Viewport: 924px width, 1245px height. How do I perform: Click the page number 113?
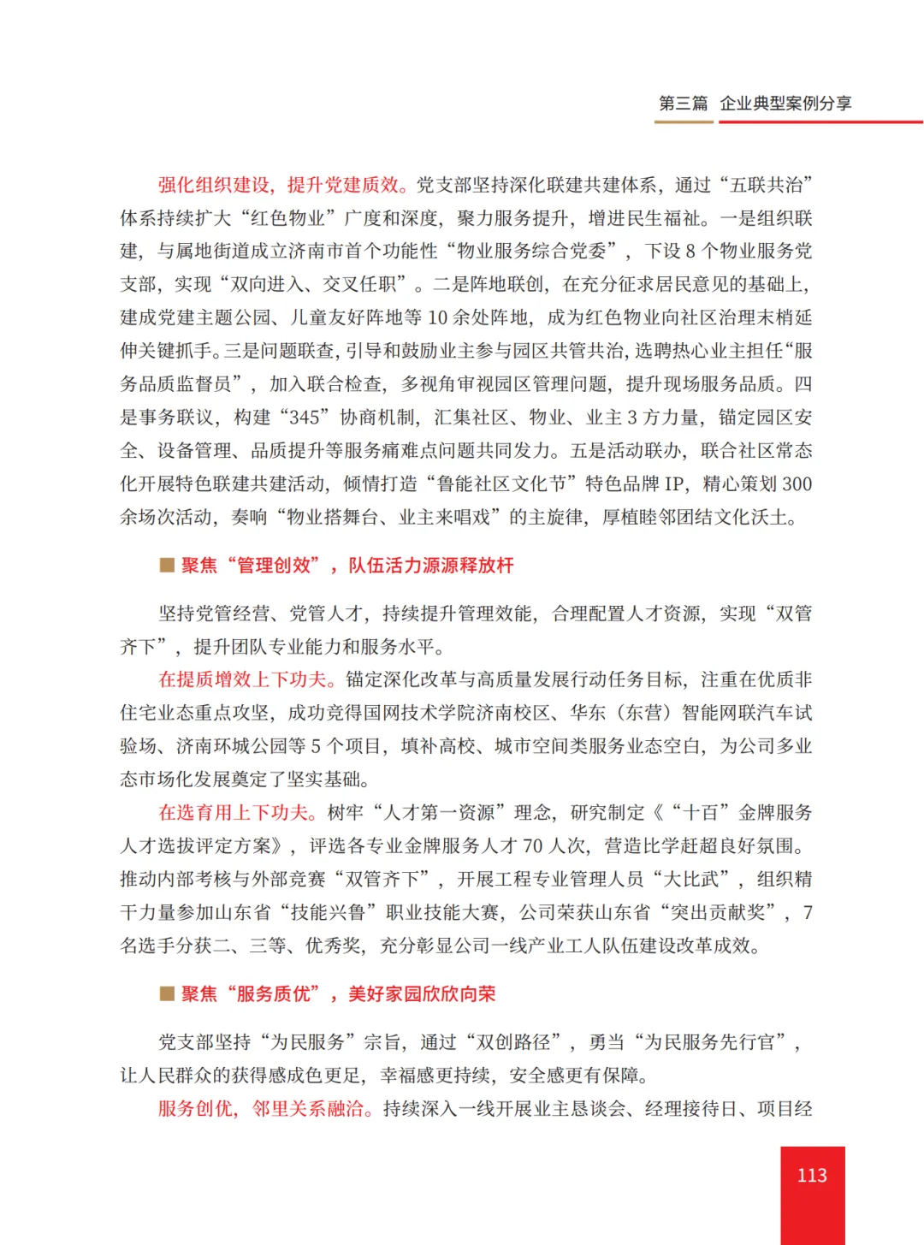coord(811,1175)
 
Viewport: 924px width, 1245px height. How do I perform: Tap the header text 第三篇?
coord(683,104)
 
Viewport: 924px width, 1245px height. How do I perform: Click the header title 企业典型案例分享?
coord(785,104)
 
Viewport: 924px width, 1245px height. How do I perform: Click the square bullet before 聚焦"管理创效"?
coord(167,565)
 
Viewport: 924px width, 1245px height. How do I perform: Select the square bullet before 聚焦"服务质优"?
coord(167,993)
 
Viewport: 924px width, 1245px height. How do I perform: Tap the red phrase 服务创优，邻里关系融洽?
coord(262,1108)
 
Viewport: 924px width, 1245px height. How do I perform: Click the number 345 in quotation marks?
coord(305,418)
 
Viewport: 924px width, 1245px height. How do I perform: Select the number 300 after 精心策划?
coord(796,483)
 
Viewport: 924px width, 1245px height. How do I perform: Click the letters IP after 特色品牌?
coord(674,483)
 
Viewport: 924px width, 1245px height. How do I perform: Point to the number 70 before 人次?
coord(532,845)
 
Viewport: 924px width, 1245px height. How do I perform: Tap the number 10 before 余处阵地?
coord(437,317)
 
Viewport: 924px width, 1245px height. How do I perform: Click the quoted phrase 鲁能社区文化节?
coord(501,483)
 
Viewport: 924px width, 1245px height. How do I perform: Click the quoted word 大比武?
coord(699,879)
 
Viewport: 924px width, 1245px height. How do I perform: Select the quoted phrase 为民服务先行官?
coord(708,1041)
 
